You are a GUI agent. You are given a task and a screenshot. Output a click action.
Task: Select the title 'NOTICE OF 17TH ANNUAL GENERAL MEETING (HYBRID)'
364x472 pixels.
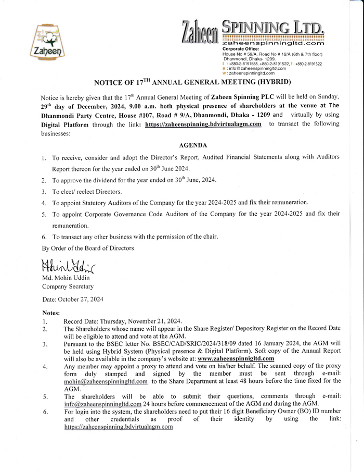(x=192, y=83)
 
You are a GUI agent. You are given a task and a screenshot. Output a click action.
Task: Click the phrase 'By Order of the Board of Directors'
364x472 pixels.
(x=88, y=248)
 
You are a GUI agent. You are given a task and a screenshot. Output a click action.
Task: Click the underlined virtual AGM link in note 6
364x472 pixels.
(x=118, y=427)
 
